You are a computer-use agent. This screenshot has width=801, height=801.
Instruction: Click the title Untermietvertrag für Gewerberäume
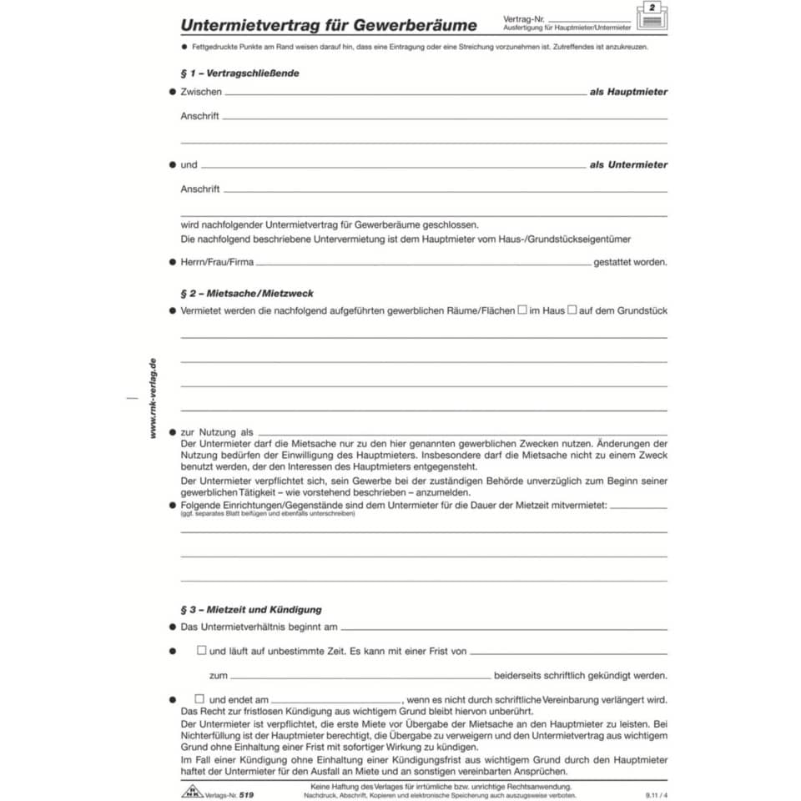pyautogui.click(x=329, y=25)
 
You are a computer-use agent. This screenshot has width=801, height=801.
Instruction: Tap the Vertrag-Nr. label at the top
pyautogui.click(x=523, y=18)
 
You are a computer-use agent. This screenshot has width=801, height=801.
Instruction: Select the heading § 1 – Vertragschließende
pyautogui.click(x=239, y=73)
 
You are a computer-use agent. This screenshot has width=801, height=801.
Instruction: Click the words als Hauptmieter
pyautogui.click(x=628, y=92)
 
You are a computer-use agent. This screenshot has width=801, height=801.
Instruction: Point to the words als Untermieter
pyautogui.click(x=628, y=165)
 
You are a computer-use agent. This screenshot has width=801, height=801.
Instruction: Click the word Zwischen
pyautogui.click(x=201, y=92)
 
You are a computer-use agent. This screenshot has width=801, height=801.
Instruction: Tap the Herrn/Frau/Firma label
pyautogui.click(x=217, y=262)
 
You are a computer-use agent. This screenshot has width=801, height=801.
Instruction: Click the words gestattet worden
pyautogui.click(x=630, y=262)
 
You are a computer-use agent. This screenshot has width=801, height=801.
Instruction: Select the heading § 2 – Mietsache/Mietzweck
pyautogui.click(x=247, y=294)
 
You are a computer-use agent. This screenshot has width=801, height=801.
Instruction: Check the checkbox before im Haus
pyautogui.click(x=522, y=310)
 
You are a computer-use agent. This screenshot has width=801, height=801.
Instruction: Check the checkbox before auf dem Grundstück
pyautogui.click(x=572, y=310)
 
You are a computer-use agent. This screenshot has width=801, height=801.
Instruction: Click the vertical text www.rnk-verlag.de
pyautogui.click(x=153, y=397)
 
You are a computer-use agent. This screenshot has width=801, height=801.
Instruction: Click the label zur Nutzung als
pyautogui.click(x=217, y=432)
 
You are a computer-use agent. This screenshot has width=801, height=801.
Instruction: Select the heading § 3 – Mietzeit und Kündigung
pyautogui.click(x=251, y=610)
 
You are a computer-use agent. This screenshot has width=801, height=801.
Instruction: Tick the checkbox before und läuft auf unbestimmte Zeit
pyautogui.click(x=201, y=650)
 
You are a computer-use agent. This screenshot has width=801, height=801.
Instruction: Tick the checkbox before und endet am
pyautogui.click(x=199, y=698)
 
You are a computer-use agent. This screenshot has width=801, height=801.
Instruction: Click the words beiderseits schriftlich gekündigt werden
pyautogui.click(x=581, y=675)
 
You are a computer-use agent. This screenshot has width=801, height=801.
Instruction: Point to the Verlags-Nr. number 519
pyautogui.click(x=245, y=795)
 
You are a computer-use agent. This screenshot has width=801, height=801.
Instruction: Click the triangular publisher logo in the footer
pyautogui.click(x=192, y=793)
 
